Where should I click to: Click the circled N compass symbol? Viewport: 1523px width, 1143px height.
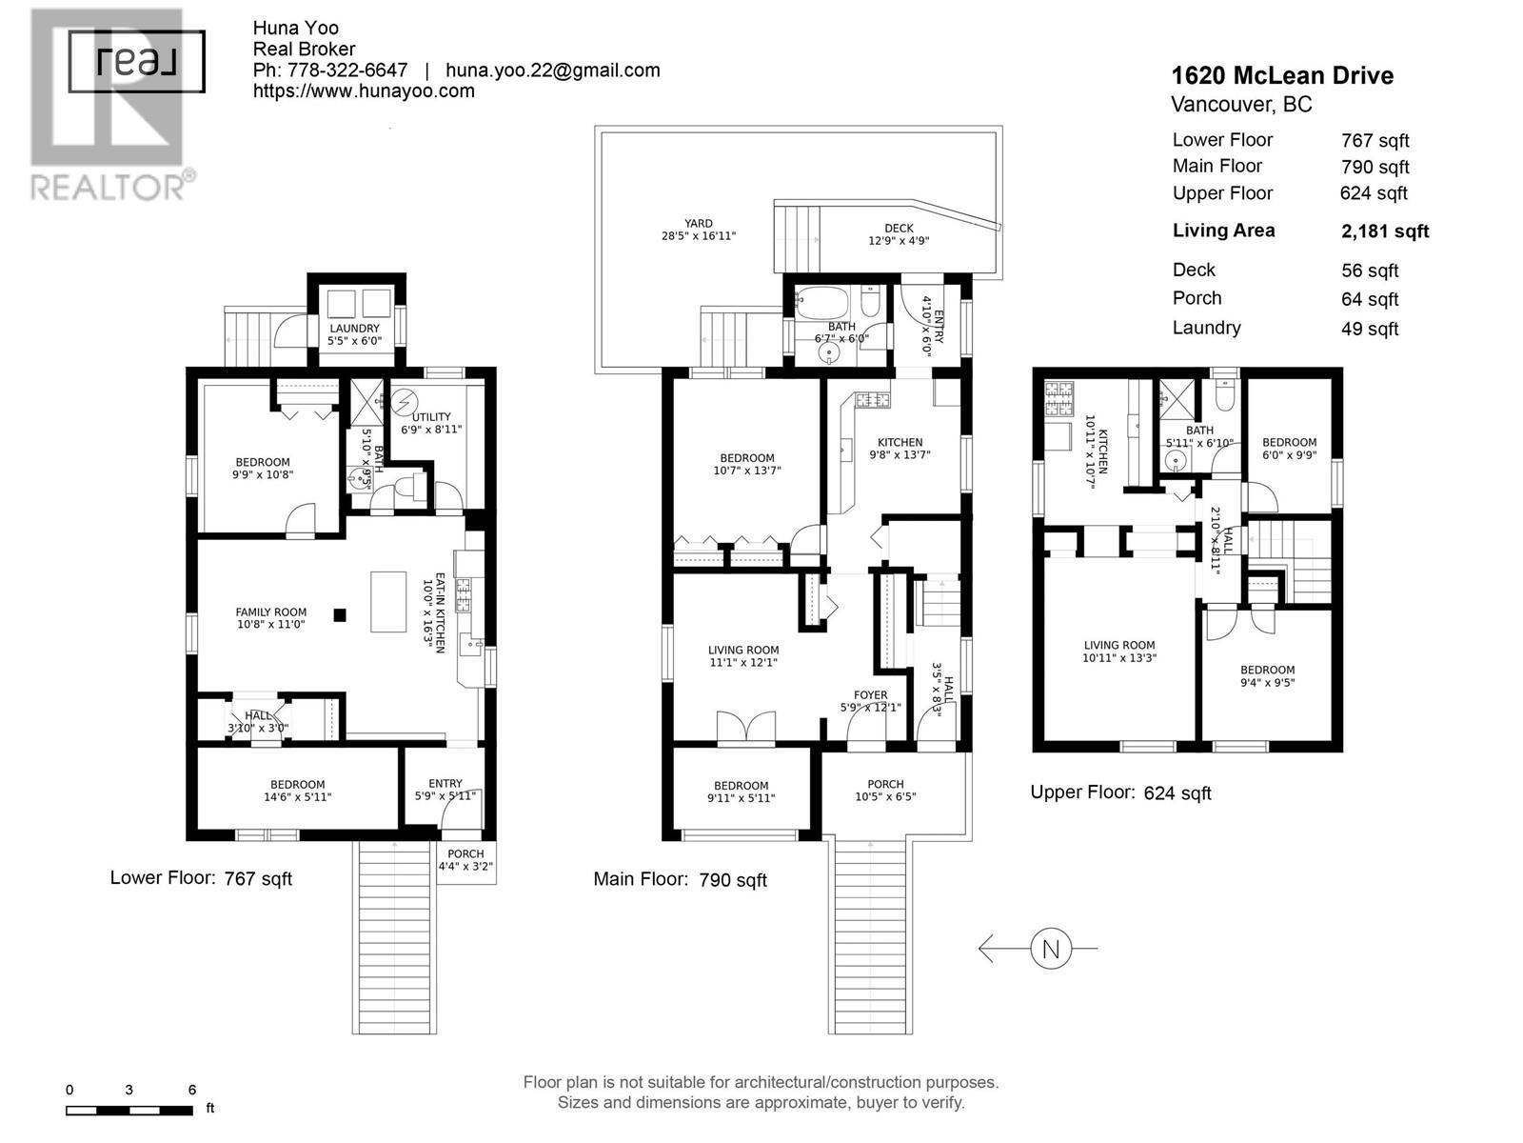click(x=1051, y=949)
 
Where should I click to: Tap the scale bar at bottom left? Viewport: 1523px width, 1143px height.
click(x=129, y=1111)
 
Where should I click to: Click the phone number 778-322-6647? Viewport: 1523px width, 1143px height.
click(x=347, y=70)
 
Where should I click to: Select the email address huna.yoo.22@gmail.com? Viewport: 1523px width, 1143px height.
click(x=552, y=70)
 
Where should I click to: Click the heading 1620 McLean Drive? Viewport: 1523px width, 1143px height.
click(x=1281, y=76)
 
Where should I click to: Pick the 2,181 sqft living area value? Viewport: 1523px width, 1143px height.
click(x=1384, y=231)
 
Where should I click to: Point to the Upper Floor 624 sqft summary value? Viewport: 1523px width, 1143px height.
click(x=1373, y=193)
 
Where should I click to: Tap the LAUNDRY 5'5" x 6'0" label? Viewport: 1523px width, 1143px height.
click(x=354, y=334)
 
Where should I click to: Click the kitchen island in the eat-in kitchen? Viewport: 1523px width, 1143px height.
click(x=388, y=601)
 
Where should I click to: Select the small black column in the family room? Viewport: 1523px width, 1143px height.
click(x=340, y=615)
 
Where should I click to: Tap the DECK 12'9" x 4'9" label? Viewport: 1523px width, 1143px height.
click(x=899, y=234)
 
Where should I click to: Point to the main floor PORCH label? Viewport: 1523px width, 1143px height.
click(x=885, y=791)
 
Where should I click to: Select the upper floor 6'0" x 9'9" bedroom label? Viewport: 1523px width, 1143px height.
click(x=1289, y=449)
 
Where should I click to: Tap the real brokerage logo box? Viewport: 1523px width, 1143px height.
click(x=137, y=62)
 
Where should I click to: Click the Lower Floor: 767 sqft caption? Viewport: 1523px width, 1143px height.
click(x=201, y=878)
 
